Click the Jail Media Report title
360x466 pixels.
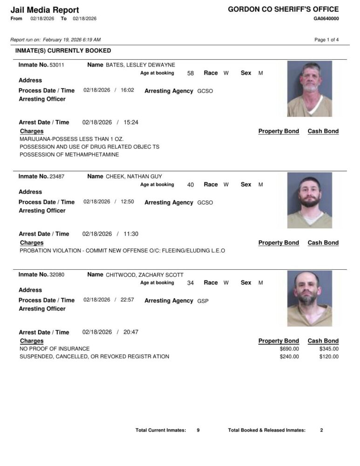coord(45,10)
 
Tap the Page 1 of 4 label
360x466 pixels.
coord(326,40)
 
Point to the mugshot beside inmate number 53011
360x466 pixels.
coord(310,89)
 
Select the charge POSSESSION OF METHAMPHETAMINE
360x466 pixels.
coord(69,154)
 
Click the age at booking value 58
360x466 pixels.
coord(190,73)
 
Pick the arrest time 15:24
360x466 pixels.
coord(131,123)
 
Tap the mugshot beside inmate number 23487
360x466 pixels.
coord(310,200)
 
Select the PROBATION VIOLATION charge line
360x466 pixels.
coord(122,251)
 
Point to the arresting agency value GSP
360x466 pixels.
coord(203,301)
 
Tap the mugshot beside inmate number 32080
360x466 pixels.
coord(310,298)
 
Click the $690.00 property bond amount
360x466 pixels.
coord(289,349)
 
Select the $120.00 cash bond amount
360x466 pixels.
coord(329,357)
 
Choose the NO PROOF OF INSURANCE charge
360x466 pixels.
coord(54,349)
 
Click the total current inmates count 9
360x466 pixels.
coord(198,430)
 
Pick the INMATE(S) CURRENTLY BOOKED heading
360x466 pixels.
coord(63,50)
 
